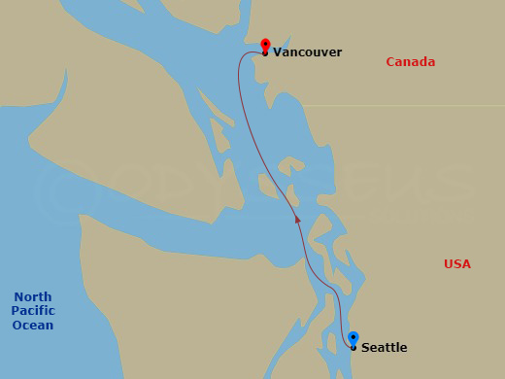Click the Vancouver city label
click(307, 52)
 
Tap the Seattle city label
click(384, 348)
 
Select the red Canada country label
click(410, 62)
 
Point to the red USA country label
click(456, 264)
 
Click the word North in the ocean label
click(33, 297)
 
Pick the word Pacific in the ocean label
click(33, 311)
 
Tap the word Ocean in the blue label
click(33, 326)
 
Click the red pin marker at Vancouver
click(265, 45)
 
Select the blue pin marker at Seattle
click(353, 337)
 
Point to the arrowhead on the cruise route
click(298, 221)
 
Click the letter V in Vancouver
click(277, 52)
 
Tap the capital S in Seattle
click(365, 348)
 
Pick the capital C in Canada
click(390, 62)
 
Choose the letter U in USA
click(448, 264)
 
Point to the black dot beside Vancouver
click(265, 53)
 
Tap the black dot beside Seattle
click(353, 347)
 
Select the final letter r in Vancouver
click(339, 52)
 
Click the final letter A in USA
click(466, 264)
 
